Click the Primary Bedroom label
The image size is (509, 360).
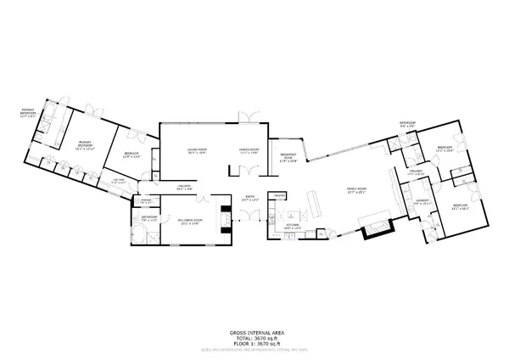tap(85, 144)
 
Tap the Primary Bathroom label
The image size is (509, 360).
tap(32, 112)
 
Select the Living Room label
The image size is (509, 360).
tap(198, 152)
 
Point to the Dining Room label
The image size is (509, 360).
tap(249, 152)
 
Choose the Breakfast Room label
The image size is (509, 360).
tap(288, 157)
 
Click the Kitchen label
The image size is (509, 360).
tap(293, 227)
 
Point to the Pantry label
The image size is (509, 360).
tap(277, 196)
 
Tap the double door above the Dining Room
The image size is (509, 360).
tap(246, 117)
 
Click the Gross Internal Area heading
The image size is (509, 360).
tap(254, 333)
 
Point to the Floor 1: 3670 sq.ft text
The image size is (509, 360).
tap(254, 343)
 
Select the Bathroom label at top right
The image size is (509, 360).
tap(407, 125)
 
